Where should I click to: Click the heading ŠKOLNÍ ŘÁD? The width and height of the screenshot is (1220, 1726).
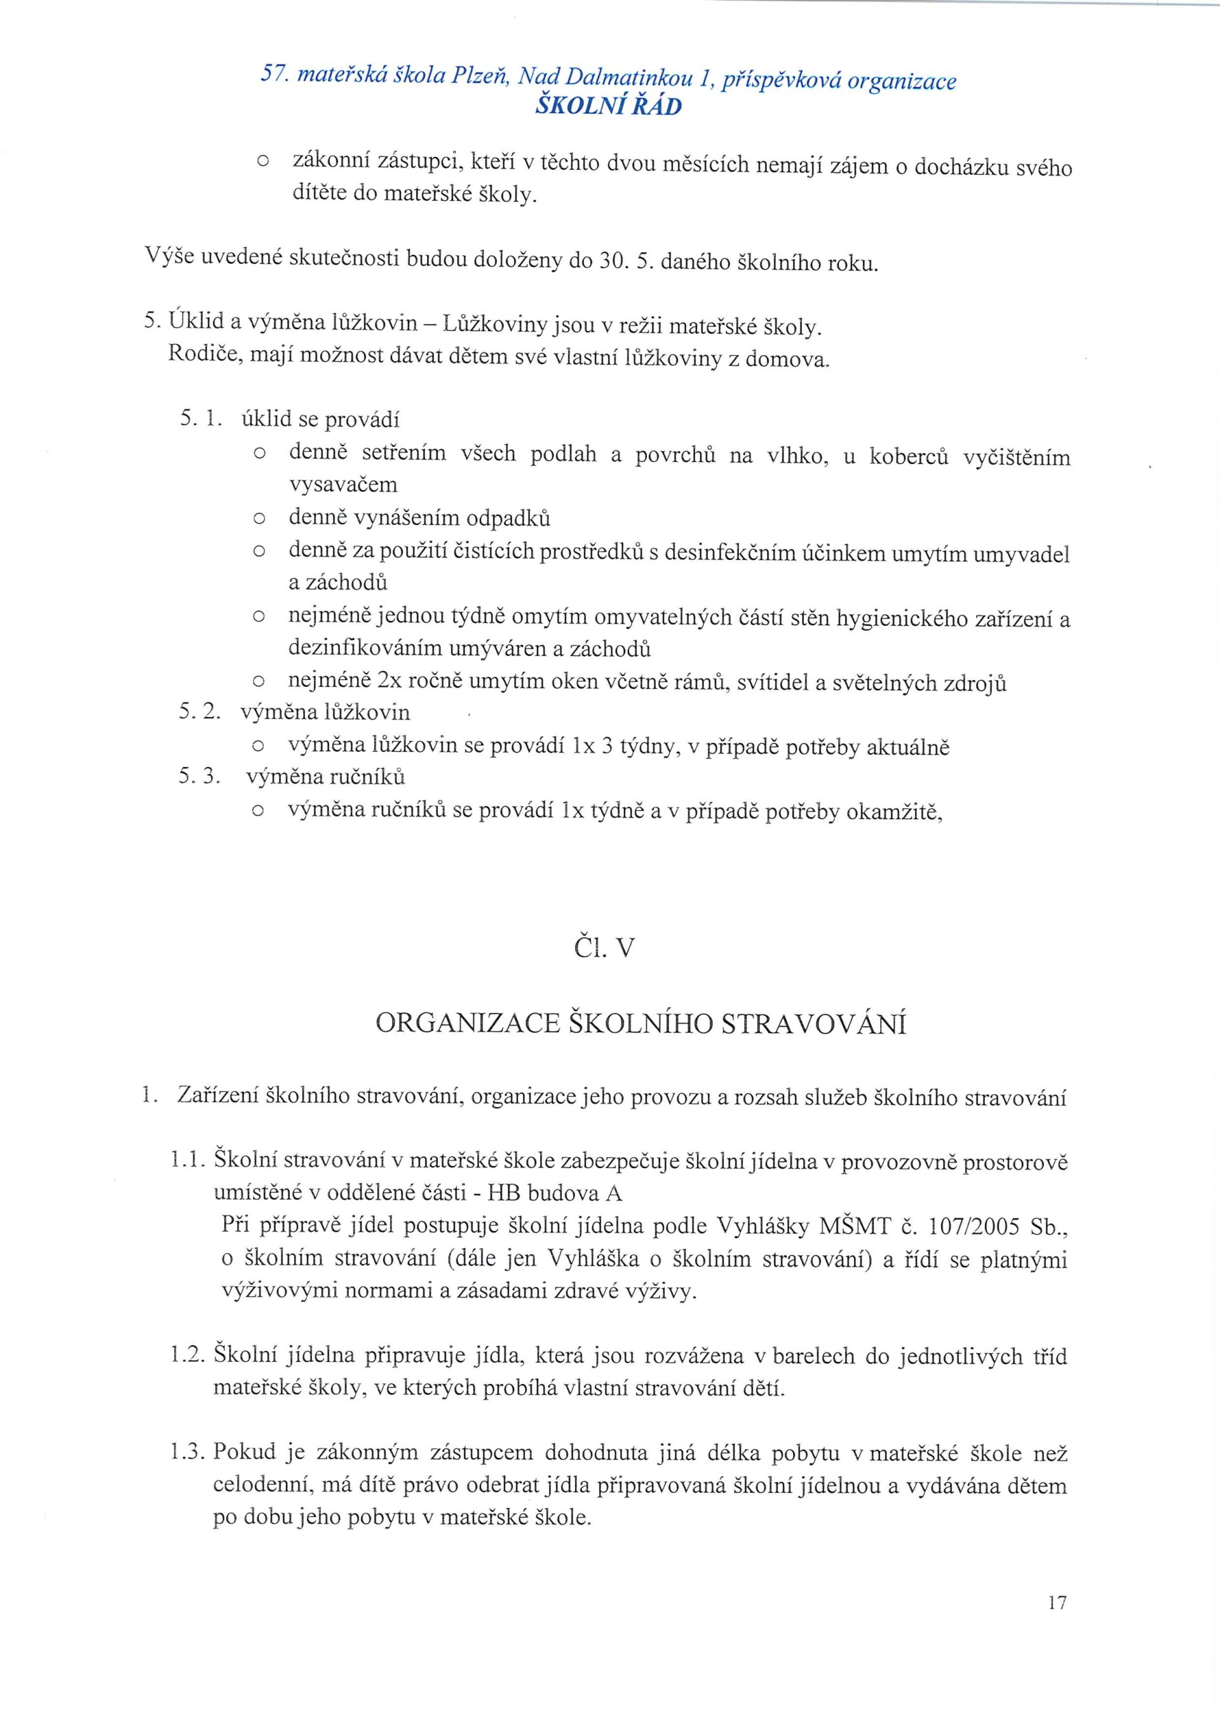(608, 107)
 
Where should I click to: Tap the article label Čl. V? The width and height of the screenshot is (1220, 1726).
(604, 949)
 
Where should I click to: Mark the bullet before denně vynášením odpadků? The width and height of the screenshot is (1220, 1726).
(259, 519)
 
